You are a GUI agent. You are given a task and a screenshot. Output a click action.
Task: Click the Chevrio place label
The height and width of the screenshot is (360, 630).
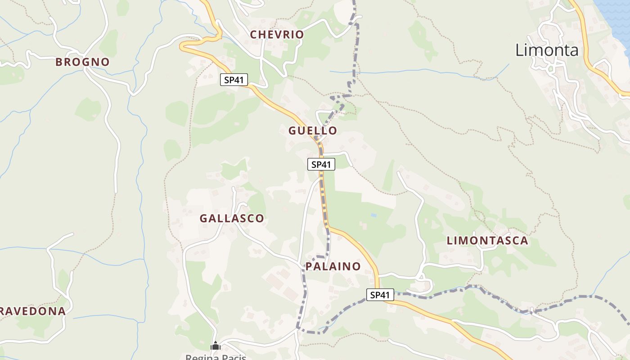tap(277, 35)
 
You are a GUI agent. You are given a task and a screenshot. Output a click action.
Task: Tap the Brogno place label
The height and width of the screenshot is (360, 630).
tap(82, 62)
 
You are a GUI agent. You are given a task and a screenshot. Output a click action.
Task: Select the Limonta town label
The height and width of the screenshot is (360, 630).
tap(547, 50)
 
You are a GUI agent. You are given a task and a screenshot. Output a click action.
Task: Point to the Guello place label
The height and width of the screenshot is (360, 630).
tap(313, 131)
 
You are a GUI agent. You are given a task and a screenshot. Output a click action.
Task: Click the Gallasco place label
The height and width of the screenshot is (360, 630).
tap(232, 219)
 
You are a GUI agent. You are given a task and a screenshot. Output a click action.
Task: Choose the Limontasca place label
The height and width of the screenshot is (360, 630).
tap(487, 241)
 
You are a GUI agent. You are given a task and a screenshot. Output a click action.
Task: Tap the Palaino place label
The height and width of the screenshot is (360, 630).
tap(333, 266)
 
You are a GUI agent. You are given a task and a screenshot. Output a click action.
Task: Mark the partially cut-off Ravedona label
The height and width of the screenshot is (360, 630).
tap(32, 311)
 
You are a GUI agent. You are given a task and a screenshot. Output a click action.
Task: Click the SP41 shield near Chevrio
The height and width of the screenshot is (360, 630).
tap(234, 80)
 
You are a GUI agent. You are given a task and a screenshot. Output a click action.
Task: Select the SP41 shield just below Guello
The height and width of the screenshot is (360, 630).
tap(321, 164)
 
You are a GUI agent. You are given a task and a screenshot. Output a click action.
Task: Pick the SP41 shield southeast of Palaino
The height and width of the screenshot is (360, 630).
tap(380, 295)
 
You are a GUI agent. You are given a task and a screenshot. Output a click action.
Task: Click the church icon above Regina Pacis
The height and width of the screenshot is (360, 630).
tap(216, 346)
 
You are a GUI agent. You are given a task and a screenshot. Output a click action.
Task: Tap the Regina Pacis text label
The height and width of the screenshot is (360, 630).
tap(216, 357)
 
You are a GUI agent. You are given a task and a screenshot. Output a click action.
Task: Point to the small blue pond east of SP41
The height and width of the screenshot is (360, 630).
tap(373, 216)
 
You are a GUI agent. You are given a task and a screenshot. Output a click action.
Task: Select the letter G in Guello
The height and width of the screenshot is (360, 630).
tap(293, 131)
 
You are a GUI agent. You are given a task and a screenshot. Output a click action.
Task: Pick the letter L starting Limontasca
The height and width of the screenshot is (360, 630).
tap(450, 241)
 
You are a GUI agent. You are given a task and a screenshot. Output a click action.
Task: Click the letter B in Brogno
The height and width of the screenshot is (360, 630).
tap(59, 62)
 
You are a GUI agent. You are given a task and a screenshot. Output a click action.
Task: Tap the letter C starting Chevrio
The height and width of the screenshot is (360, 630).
tap(254, 35)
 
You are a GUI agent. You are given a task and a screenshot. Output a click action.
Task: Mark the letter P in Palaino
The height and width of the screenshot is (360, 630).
tap(309, 266)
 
